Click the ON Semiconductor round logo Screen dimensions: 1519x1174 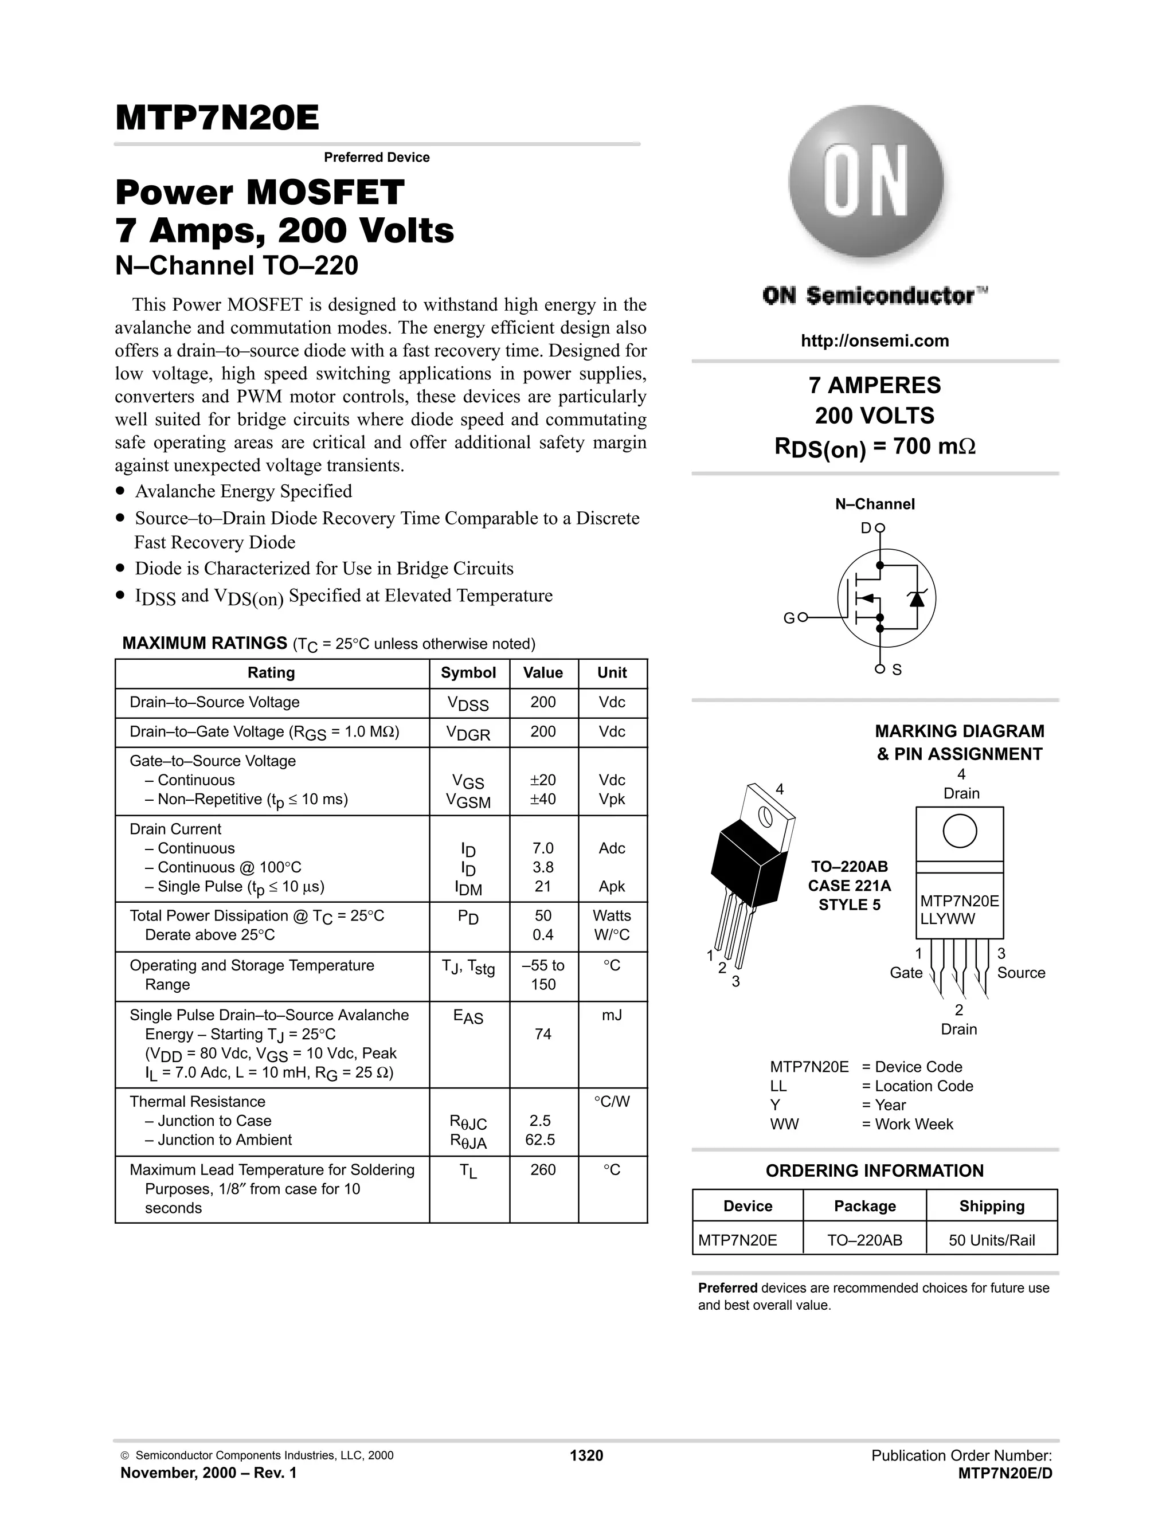(x=866, y=182)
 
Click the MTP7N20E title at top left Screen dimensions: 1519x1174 (x=217, y=118)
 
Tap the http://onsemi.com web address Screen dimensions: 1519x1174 (x=874, y=341)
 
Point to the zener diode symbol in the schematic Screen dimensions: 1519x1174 (x=917, y=598)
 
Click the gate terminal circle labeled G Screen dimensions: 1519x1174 (x=803, y=617)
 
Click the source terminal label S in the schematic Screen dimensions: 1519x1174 (x=897, y=670)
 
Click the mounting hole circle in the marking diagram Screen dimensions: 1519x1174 (x=960, y=831)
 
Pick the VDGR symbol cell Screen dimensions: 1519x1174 (x=468, y=733)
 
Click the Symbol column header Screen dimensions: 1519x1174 (x=468, y=672)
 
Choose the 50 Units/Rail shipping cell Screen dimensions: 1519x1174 (x=991, y=1240)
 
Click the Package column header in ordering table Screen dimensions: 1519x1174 (x=864, y=1206)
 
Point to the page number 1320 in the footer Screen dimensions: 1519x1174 (x=586, y=1456)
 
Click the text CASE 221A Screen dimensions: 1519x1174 (x=849, y=886)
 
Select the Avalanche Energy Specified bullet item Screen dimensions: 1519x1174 (x=244, y=491)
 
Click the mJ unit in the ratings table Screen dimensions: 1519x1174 (x=611, y=1016)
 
